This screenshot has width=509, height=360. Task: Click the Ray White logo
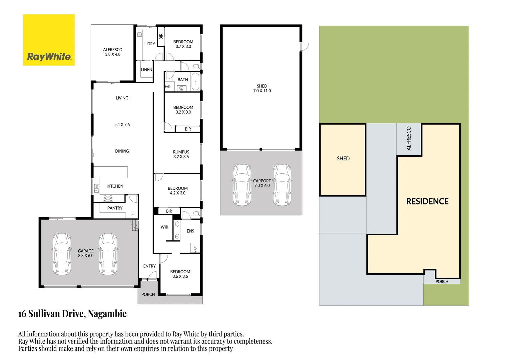[49, 40]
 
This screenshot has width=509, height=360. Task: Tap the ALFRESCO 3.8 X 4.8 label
[113, 52]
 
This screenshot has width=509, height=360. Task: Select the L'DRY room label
[150, 44]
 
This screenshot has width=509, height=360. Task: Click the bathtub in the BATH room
[195, 82]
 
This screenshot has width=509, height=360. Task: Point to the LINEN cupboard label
[147, 70]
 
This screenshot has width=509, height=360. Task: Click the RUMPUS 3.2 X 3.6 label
[181, 154]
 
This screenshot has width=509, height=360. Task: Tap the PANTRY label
[115, 208]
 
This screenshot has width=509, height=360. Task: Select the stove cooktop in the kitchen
[108, 198]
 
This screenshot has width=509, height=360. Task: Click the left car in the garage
[62, 254]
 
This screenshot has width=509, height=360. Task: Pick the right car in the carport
[282, 185]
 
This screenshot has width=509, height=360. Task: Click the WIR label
[164, 227]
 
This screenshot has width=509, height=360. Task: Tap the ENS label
[190, 231]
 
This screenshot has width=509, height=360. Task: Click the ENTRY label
[149, 266]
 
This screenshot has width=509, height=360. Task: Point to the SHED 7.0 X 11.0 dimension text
[262, 91]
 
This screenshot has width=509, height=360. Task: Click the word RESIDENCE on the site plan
[427, 201]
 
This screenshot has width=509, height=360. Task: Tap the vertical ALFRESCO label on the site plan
[409, 138]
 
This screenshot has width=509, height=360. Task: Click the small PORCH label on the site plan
[442, 282]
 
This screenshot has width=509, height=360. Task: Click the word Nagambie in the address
[107, 314]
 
